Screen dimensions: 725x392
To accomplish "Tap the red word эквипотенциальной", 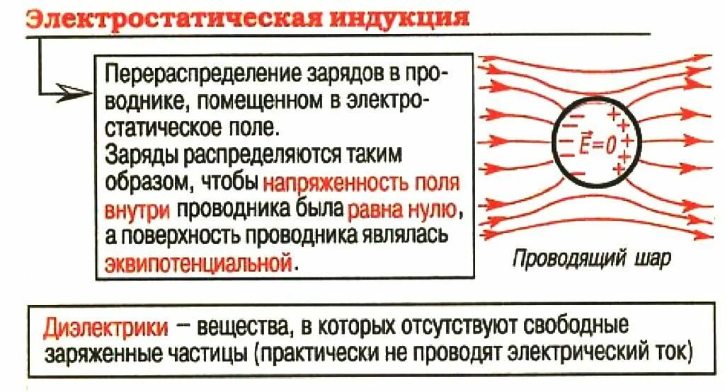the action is coord(198,263).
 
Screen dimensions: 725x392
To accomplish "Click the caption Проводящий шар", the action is coord(590,260).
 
